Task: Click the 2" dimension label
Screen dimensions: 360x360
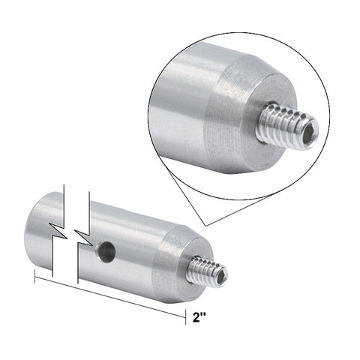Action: pyautogui.click(x=199, y=317)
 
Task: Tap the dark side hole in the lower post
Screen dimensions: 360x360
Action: pyautogui.click(x=106, y=250)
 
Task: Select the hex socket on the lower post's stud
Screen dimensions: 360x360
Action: pyautogui.click(x=222, y=277)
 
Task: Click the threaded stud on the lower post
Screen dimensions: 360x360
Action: pyautogui.click(x=208, y=270)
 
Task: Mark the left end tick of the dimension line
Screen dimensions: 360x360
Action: pyautogui.click(x=34, y=276)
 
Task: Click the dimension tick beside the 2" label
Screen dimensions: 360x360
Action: pyautogui.click(x=185, y=317)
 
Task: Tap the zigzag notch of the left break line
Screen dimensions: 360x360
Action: pyautogui.click(x=58, y=230)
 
